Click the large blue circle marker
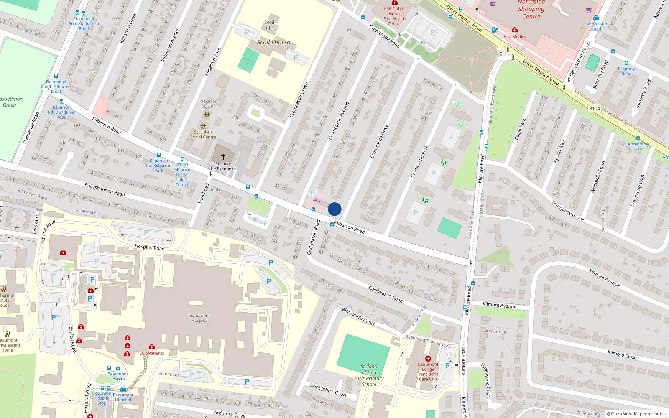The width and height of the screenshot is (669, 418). coord(334,209)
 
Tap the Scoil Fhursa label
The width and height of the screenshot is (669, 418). coord(273,42)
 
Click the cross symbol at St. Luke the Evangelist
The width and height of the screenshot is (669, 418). coord(223,157)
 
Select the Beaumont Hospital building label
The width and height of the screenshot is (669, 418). coord(199,318)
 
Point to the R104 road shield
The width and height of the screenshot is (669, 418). coord(594,108)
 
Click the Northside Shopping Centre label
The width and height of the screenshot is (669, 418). coord(531,9)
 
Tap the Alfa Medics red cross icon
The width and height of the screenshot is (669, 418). coord(515,30)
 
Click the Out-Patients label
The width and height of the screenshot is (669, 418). coord(152,353)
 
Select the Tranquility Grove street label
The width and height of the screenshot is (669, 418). coord(567,211)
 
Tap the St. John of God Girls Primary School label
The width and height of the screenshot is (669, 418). coord(369,375)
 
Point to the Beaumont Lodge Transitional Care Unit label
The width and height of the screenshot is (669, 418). coord(428,372)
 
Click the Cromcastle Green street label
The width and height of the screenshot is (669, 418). coord(299,99)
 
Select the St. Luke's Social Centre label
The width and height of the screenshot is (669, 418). coord(203,135)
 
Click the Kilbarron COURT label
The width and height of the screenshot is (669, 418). coord(208,104)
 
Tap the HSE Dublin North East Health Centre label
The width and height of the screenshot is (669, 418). coord(394,16)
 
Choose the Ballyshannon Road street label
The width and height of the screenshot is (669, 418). coord(105,189)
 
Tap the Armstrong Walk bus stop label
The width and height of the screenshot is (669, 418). coord(638,146)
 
